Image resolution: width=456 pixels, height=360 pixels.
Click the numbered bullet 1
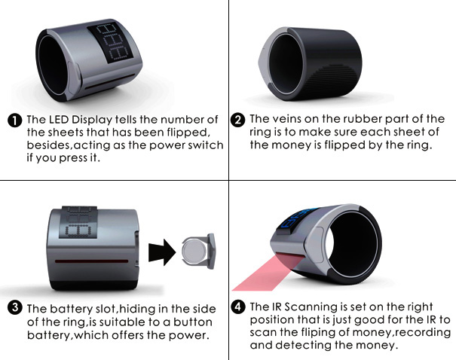point(14,121)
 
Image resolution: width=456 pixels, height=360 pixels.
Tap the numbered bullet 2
point(238,120)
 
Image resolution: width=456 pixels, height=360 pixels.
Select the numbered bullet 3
point(14,308)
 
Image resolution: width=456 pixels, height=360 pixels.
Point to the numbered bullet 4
point(238,307)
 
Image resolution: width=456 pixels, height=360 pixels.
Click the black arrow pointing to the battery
point(162,252)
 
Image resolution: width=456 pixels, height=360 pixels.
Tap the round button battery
point(194,251)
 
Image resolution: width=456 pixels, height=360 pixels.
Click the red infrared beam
point(268,272)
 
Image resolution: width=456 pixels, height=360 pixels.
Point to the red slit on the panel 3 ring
point(92,261)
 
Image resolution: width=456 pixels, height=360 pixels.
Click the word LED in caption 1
point(60,120)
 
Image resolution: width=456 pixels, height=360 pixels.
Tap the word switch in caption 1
point(206,145)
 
